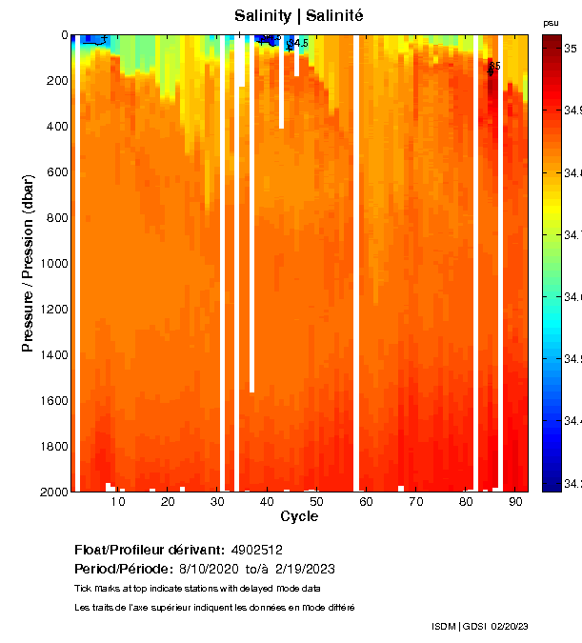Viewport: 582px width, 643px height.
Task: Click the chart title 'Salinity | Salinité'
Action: (299, 16)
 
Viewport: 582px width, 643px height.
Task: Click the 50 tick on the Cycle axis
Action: (316, 501)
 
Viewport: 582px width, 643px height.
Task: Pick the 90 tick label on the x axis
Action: (515, 501)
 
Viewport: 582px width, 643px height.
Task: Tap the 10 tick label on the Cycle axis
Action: (118, 501)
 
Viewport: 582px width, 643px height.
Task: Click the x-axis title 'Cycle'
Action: (299, 516)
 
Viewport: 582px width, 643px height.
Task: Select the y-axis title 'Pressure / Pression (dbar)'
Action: (28, 264)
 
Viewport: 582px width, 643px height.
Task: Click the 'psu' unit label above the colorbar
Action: (551, 23)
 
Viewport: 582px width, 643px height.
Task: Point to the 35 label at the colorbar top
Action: (570, 47)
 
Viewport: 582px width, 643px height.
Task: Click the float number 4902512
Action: (256, 550)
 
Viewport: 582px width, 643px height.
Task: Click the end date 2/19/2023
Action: (304, 569)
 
